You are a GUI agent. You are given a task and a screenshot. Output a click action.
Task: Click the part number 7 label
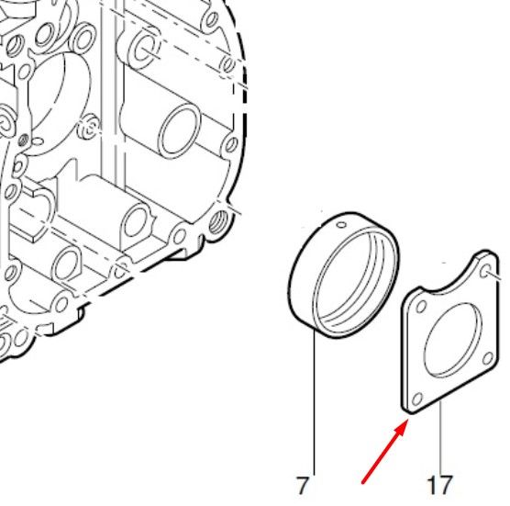(x=302, y=486)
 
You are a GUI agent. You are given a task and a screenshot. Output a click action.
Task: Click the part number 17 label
(x=439, y=486)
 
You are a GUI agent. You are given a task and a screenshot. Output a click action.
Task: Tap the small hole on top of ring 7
(x=341, y=225)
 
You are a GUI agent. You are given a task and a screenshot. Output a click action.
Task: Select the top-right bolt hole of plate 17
(x=485, y=271)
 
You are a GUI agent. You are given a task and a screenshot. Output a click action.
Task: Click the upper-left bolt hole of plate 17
(x=421, y=307)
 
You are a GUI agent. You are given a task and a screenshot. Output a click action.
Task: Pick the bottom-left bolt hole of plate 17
(x=417, y=399)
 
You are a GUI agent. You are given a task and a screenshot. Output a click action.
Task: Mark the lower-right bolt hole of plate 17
(x=488, y=358)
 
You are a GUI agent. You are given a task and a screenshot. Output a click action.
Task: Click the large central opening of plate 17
(x=453, y=341)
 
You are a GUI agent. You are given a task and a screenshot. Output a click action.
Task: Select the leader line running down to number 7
(x=315, y=402)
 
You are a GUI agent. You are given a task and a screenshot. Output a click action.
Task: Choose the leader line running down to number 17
(x=440, y=438)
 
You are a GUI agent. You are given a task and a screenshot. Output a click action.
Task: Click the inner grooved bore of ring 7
(x=356, y=282)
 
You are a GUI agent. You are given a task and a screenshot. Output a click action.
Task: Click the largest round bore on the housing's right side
(x=180, y=130)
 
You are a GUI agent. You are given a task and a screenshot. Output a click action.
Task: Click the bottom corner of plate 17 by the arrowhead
(x=411, y=413)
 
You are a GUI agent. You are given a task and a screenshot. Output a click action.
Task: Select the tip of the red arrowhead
(x=408, y=420)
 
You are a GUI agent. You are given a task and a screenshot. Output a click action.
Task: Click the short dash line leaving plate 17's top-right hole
(x=499, y=276)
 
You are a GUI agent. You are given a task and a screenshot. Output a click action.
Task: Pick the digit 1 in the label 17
(x=432, y=486)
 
